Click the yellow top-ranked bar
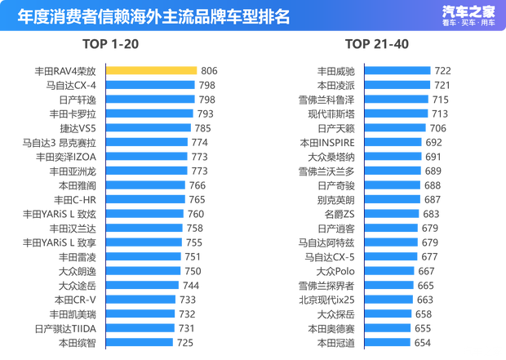[x=152, y=71]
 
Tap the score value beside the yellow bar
[x=207, y=71]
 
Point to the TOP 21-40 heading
[x=375, y=42]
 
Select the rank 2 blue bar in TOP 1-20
[x=151, y=85]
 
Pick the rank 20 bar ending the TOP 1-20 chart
[x=140, y=342]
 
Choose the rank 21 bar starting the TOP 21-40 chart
[x=397, y=71]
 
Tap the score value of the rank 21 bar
[x=443, y=71]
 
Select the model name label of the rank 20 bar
[x=78, y=342]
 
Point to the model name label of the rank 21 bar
[x=336, y=71]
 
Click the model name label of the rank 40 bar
[x=336, y=342]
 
